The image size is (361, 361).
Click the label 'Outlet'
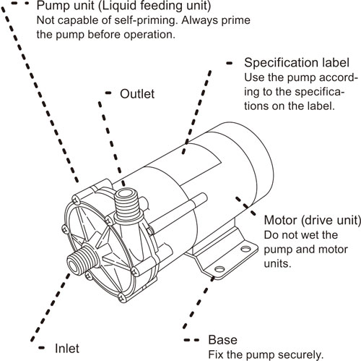point(137,94)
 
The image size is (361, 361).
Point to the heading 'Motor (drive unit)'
point(311,221)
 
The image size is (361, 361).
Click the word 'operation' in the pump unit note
point(145,35)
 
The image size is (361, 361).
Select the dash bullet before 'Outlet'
point(108,93)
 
